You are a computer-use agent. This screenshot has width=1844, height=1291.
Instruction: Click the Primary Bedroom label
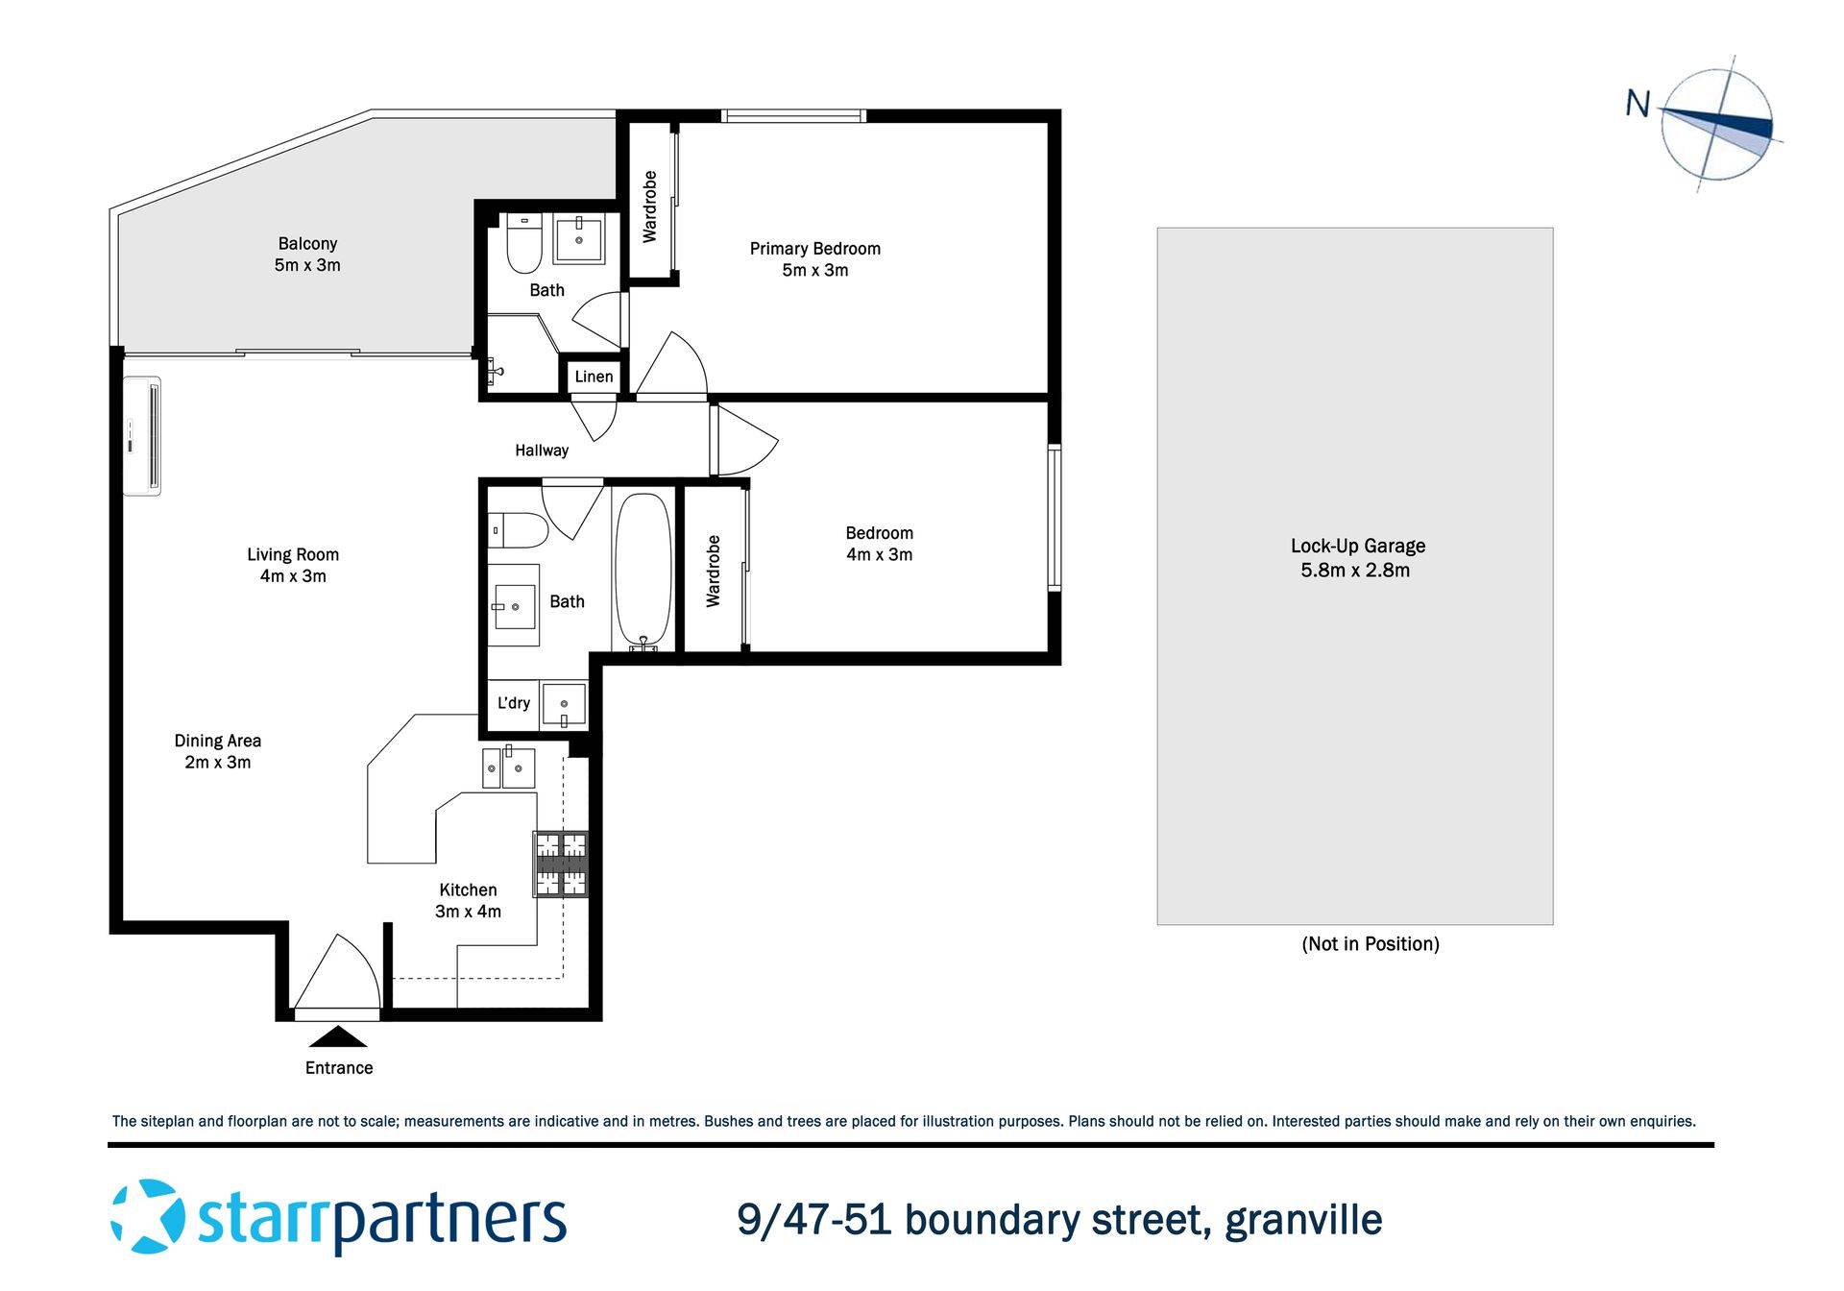pyautogui.click(x=814, y=259)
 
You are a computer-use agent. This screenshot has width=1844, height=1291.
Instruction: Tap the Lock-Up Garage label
pyautogui.click(x=1357, y=557)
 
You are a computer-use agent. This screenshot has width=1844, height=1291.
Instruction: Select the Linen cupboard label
pyautogui.click(x=594, y=377)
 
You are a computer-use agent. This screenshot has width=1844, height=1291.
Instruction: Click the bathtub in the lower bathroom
pyautogui.click(x=643, y=571)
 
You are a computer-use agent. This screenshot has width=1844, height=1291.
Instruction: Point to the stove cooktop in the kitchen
pyautogui.click(x=561, y=863)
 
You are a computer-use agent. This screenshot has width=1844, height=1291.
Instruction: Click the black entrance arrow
pyautogui.click(x=338, y=1036)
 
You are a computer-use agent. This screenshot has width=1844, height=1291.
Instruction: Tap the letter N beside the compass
pyautogui.click(x=1637, y=104)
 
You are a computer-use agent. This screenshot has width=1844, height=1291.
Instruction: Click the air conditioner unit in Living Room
pyautogui.click(x=142, y=436)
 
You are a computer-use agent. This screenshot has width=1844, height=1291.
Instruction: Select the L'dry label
pyautogui.click(x=513, y=703)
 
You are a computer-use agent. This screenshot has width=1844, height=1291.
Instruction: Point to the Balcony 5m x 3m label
pyautogui.click(x=307, y=255)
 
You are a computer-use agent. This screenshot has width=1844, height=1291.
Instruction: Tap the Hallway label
pyautogui.click(x=542, y=451)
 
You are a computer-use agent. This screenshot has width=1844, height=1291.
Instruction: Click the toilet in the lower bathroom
pyautogui.click(x=519, y=529)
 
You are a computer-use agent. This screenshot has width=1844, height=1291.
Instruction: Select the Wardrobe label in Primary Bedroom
pyautogui.click(x=650, y=207)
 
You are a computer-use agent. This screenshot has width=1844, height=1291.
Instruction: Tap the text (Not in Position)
pyautogui.click(x=1370, y=944)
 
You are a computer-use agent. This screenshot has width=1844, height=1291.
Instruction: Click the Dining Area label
pyautogui.click(x=218, y=751)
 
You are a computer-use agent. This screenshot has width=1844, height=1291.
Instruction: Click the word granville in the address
pyautogui.click(x=1303, y=1220)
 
